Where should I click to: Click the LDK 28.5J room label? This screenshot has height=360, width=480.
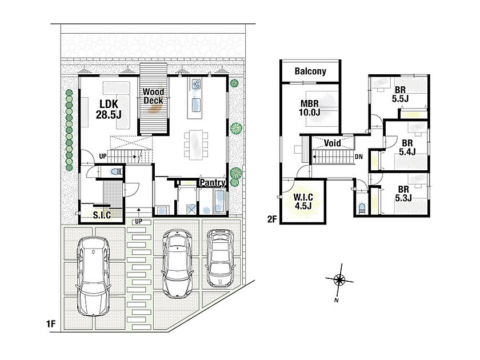(109, 109)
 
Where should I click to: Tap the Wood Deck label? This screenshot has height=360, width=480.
(153, 96)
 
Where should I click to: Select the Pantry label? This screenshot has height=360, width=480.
(213, 183)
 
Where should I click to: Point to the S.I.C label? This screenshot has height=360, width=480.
(102, 215)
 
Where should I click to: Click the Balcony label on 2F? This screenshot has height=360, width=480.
(310, 71)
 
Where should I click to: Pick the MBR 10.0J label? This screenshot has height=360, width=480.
(310, 108)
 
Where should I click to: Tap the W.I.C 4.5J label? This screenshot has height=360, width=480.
(303, 201)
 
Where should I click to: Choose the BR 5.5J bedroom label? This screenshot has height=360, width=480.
(400, 94)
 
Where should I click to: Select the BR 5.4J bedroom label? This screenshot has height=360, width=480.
(407, 147)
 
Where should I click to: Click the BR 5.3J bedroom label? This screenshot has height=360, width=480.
(403, 194)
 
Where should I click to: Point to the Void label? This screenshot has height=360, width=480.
(332, 143)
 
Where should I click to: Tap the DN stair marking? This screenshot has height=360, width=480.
(358, 157)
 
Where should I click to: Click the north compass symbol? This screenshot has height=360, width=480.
(339, 279)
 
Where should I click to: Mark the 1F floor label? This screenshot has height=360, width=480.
(51, 323)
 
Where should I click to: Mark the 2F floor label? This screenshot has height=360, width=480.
(272, 219)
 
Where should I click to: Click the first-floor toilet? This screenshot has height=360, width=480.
(115, 171)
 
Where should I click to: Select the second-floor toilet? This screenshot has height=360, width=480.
(362, 208)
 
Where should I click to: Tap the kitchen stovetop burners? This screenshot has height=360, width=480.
(196, 84)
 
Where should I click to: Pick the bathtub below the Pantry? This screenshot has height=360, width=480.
(219, 201)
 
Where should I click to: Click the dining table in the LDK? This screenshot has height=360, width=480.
(196, 145)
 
